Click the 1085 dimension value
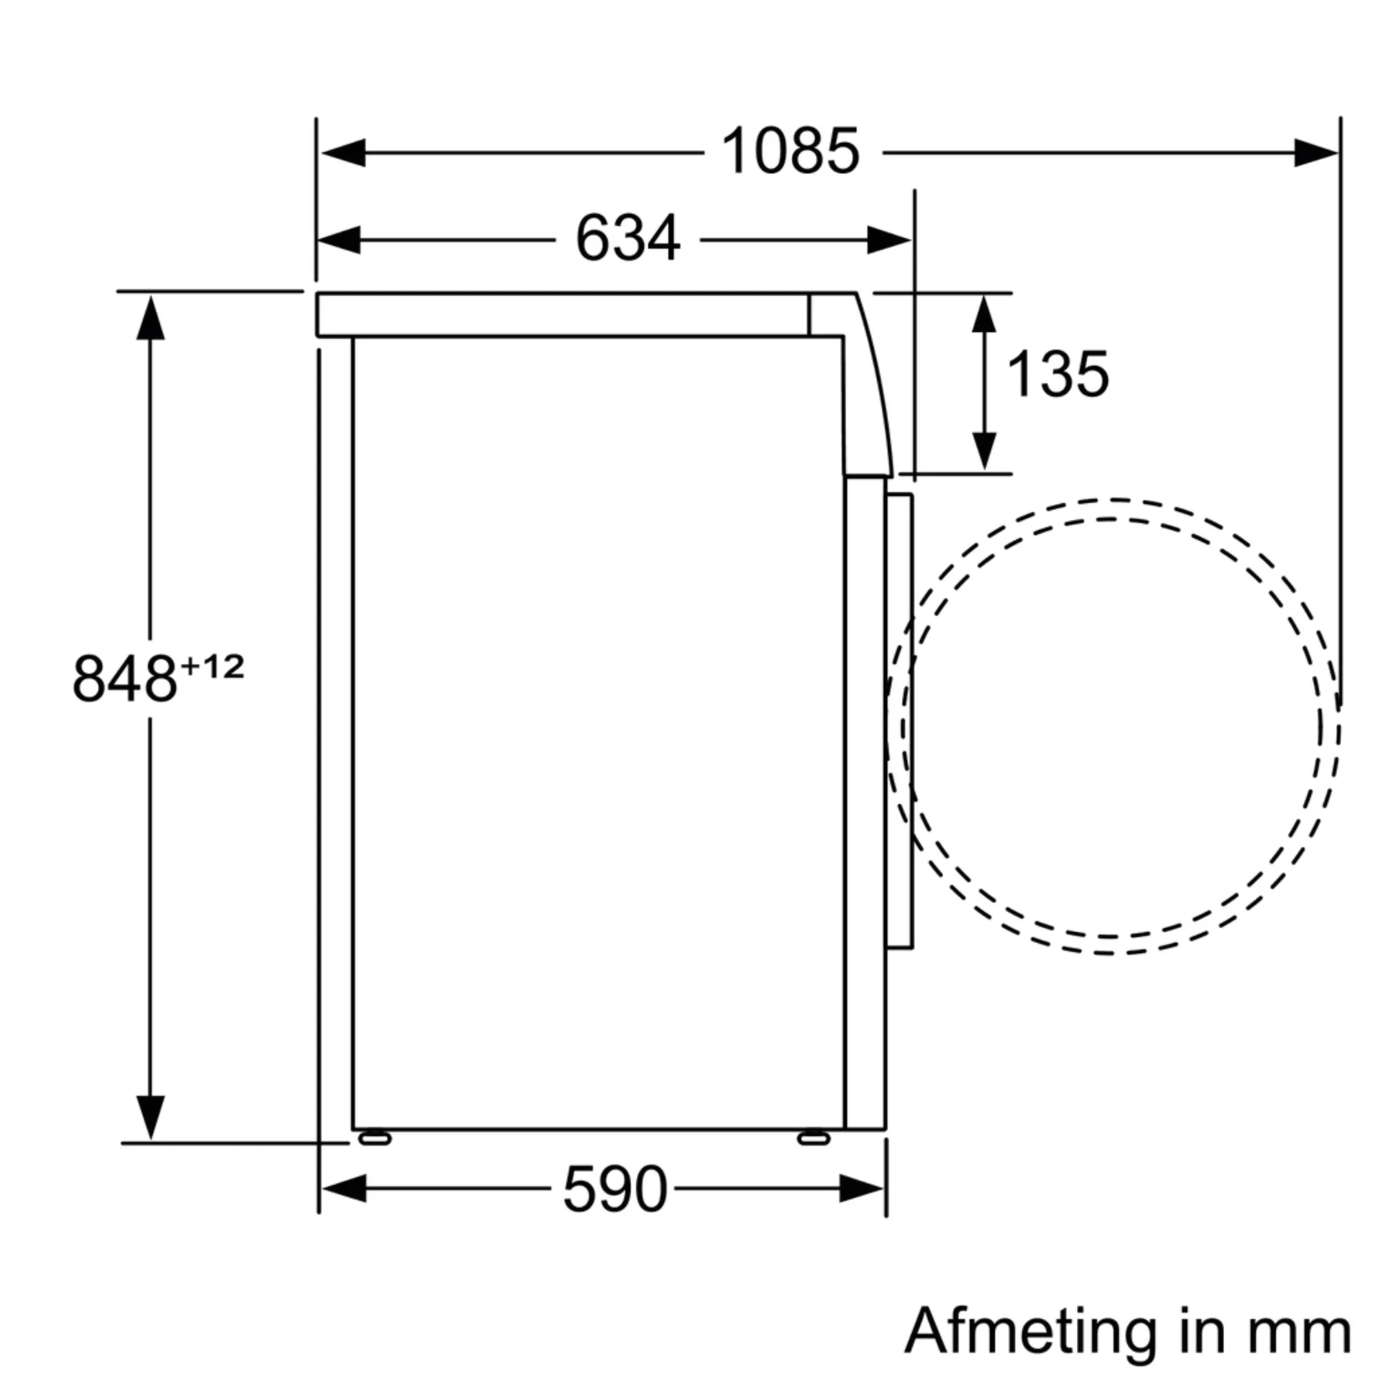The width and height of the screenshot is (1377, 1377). point(790,151)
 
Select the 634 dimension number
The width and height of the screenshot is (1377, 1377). point(628,239)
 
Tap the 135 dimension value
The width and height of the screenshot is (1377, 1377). point(1058,373)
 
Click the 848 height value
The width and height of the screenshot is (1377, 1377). point(125,679)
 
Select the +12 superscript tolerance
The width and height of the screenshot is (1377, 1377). point(212,666)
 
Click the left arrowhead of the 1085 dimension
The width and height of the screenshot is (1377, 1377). point(344,153)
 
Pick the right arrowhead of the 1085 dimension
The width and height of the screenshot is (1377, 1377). point(1316,153)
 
